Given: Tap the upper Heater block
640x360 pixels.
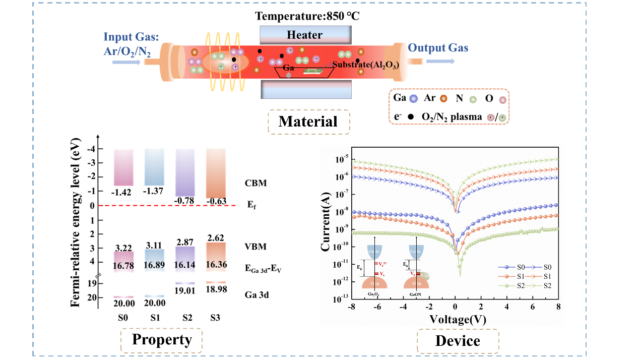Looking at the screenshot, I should tap(304, 35).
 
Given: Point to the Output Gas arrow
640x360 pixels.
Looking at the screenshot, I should tap(440, 61).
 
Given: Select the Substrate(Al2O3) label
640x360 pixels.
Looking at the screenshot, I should tap(365, 65).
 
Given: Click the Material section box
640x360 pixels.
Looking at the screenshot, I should tap(308, 121).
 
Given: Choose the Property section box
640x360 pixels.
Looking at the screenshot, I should tap(162, 340).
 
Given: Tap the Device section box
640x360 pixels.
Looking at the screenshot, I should tap(458, 341).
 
